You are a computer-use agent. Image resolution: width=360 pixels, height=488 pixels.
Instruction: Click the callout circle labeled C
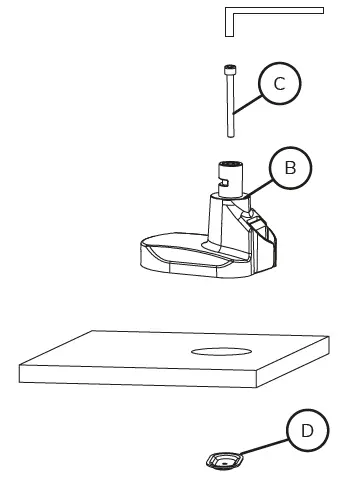pyautogui.click(x=279, y=84)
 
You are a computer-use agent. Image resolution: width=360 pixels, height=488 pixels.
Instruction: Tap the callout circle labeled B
pyautogui.click(x=290, y=168)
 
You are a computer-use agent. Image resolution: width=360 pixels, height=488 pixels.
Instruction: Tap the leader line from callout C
pyautogui.click(x=248, y=101)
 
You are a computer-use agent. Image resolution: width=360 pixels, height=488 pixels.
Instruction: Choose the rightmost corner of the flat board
pyautogui.click(x=328, y=356)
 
